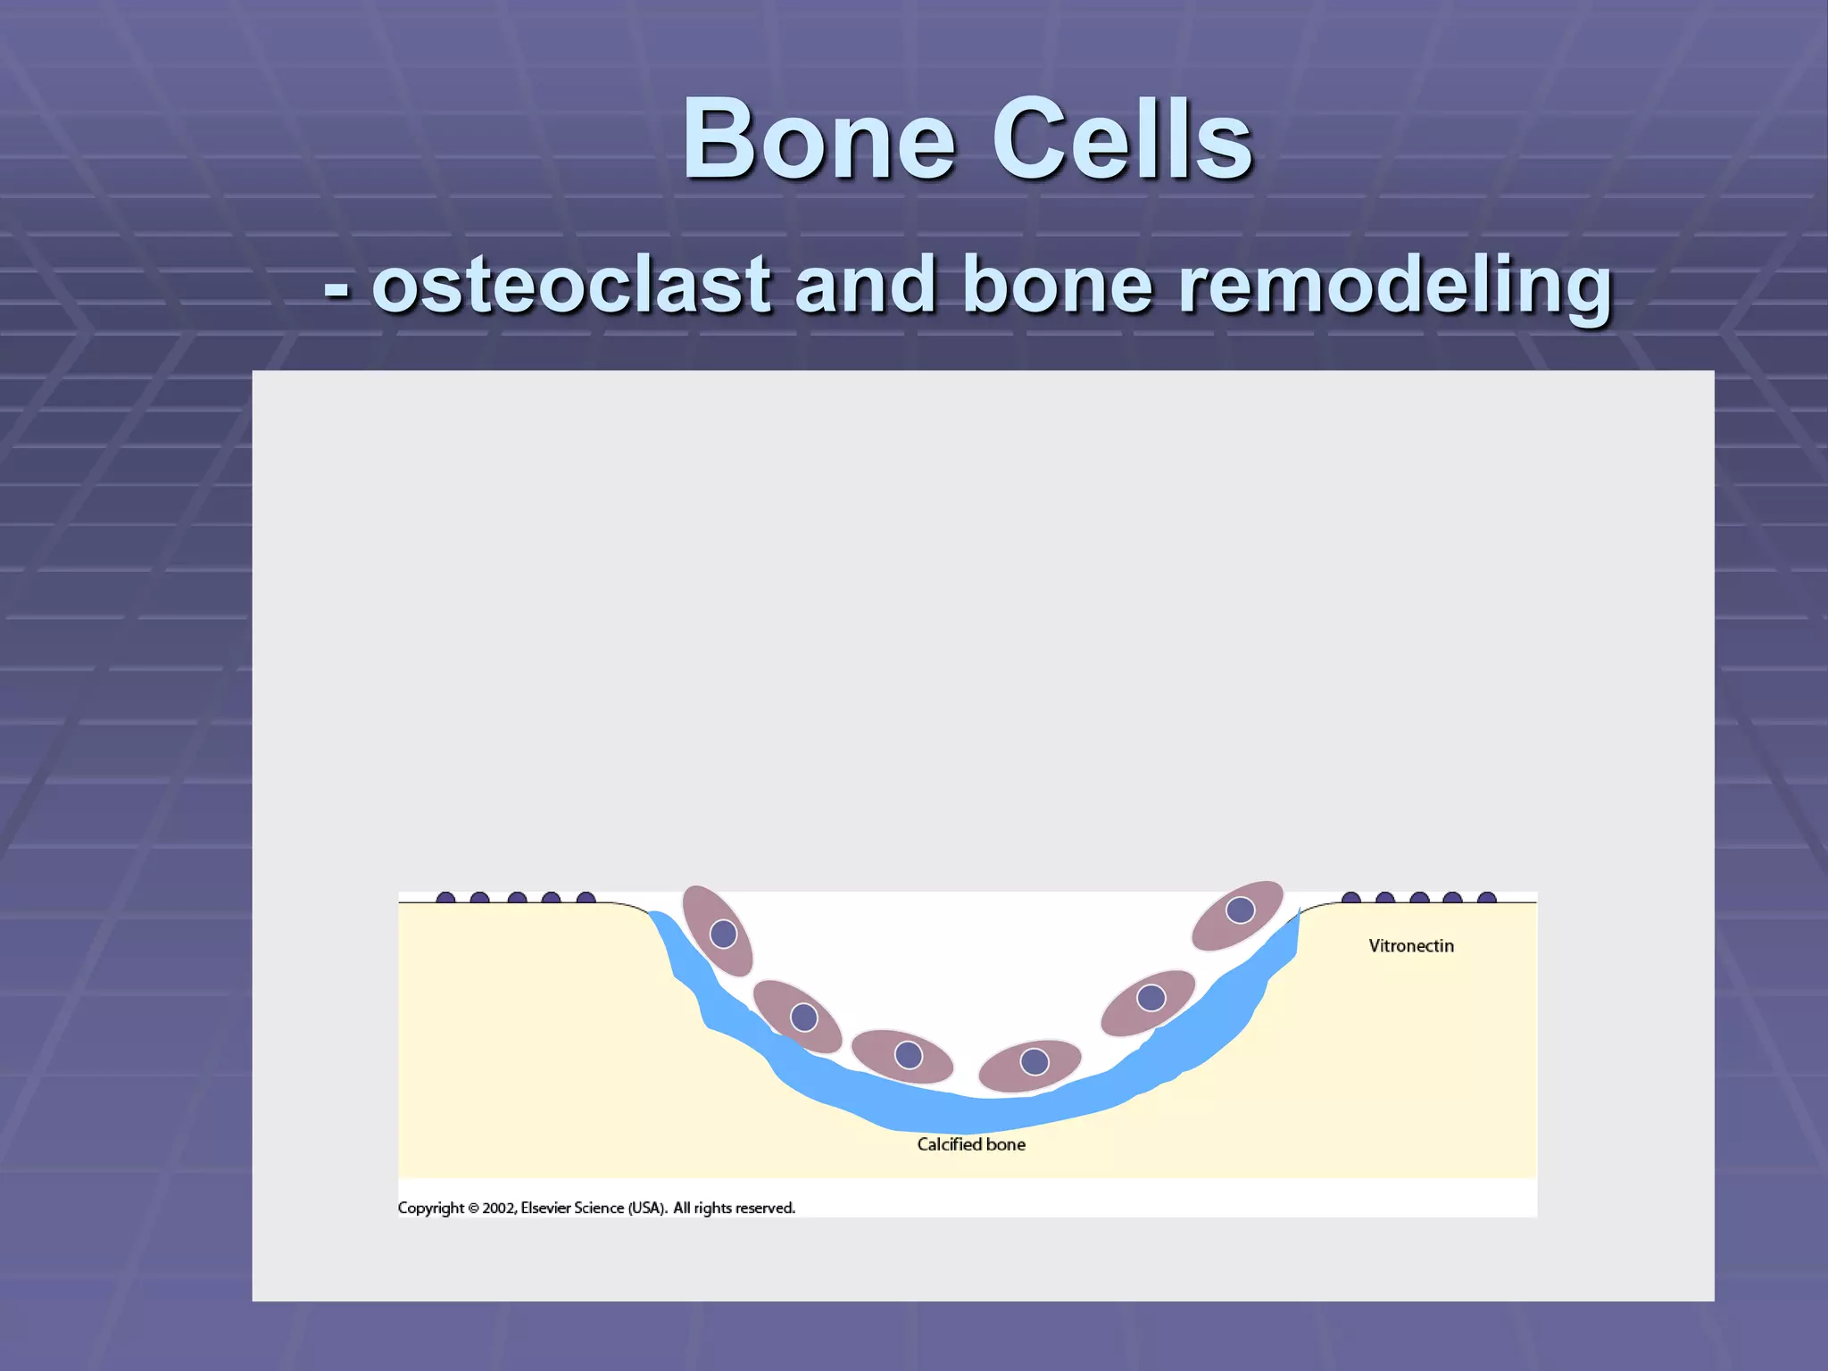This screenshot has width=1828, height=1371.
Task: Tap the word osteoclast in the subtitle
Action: pyautogui.click(x=571, y=286)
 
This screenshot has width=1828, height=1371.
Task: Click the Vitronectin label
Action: pyautogui.click(x=1410, y=946)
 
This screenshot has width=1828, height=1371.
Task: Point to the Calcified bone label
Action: pyautogui.click(x=971, y=1144)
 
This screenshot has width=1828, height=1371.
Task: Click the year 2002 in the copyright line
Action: pyautogui.click(x=498, y=1208)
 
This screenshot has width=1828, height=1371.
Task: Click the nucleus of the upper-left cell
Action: pyautogui.click(x=723, y=934)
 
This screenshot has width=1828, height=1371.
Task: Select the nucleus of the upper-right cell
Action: pyautogui.click(x=1240, y=910)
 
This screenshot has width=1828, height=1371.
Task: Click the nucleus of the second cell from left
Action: pyautogui.click(x=804, y=1018)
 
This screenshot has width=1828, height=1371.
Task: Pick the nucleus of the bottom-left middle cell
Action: pyautogui.click(x=909, y=1055)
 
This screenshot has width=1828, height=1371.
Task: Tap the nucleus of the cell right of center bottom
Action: pyautogui.click(x=1034, y=1061)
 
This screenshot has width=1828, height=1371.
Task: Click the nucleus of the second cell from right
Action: pyautogui.click(x=1151, y=997)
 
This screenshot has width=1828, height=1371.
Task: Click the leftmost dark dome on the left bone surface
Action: pyautogui.click(x=445, y=898)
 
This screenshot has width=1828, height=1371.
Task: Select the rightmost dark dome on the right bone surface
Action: pyautogui.click(x=1487, y=898)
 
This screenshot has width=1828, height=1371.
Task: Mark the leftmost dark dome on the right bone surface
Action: pyautogui.click(x=1351, y=898)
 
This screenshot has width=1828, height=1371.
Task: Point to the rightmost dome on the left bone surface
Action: pyautogui.click(x=586, y=898)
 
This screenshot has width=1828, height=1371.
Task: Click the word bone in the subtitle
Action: pyautogui.click(x=1058, y=286)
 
